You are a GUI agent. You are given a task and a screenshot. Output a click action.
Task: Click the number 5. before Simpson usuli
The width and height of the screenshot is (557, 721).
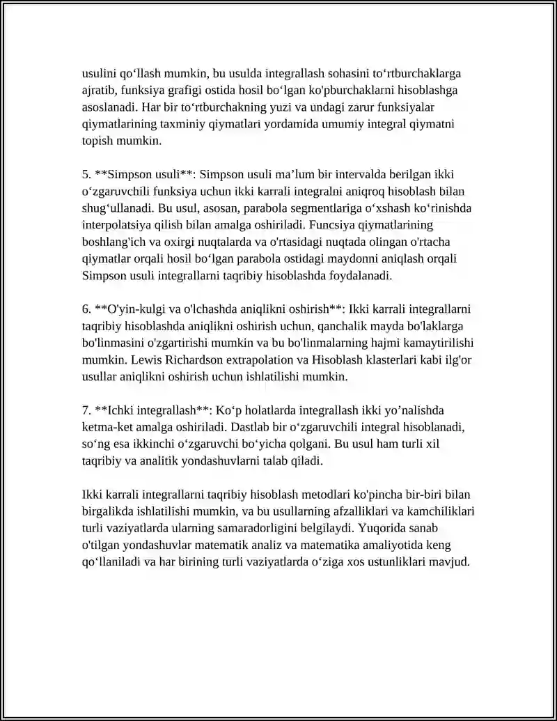(86, 173)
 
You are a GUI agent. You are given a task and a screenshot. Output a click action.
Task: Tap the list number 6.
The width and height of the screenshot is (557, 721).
(86, 309)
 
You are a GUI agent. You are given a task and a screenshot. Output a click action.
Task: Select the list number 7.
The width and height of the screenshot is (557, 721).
(86, 410)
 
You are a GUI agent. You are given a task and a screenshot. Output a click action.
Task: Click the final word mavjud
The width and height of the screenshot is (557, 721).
(454, 561)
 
